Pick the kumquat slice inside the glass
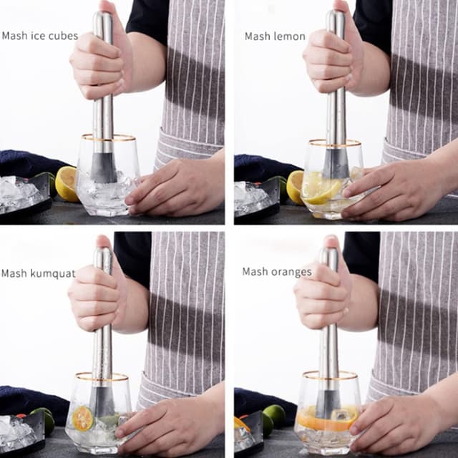click(83, 419)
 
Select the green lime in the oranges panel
click(274, 415)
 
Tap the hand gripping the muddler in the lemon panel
click(333, 61)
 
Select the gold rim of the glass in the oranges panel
click(329, 375)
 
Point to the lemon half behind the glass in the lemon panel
click(294, 186)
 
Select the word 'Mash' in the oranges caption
click(255, 272)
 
